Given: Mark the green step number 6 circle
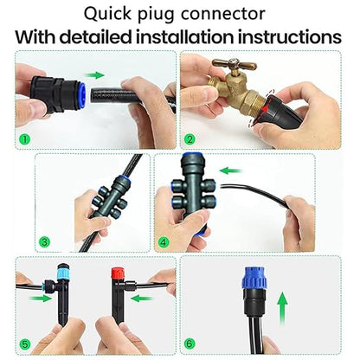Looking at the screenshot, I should pos(190,341).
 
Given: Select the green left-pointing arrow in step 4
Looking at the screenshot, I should pos(230,170).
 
